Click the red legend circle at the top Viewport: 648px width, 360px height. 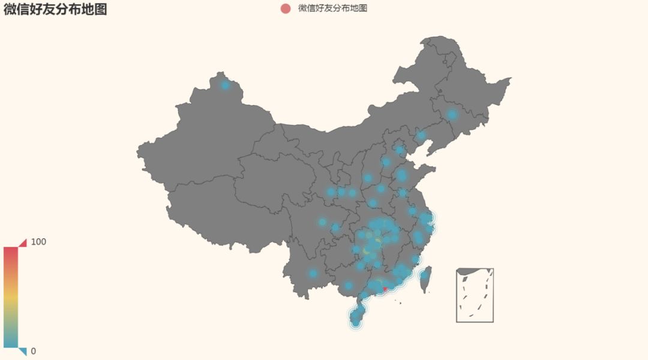(x=286, y=8)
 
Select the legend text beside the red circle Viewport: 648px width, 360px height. (x=332, y=8)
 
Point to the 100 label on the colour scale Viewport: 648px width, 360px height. (x=38, y=242)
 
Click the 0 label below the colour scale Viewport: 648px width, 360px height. (x=33, y=351)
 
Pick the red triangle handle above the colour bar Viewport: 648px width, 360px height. (x=23, y=242)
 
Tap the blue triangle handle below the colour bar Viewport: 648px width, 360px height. (x=23, y=351)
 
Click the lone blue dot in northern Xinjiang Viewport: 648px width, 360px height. (x=225, y=85)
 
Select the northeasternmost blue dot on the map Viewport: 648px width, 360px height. (x=452, y=114)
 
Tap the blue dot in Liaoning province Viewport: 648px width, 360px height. (x=421, y=136)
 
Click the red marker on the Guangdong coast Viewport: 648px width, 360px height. (x=385, y=290)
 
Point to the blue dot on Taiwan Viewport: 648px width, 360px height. (x=424, y=275)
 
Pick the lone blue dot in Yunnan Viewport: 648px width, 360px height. (x=313, y=273)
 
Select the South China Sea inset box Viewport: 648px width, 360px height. (x=475, y=295)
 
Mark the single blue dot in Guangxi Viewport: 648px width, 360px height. (x=348, y=286)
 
